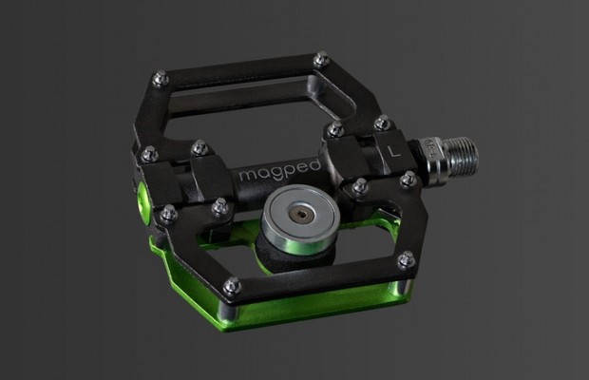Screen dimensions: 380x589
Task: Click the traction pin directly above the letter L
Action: point(381,123)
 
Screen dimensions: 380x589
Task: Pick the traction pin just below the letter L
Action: point(408,178)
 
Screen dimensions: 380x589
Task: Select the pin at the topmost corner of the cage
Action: point(322,58)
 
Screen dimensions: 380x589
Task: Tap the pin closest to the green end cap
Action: point(166,215)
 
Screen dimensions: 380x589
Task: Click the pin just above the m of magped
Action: point(199,147)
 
